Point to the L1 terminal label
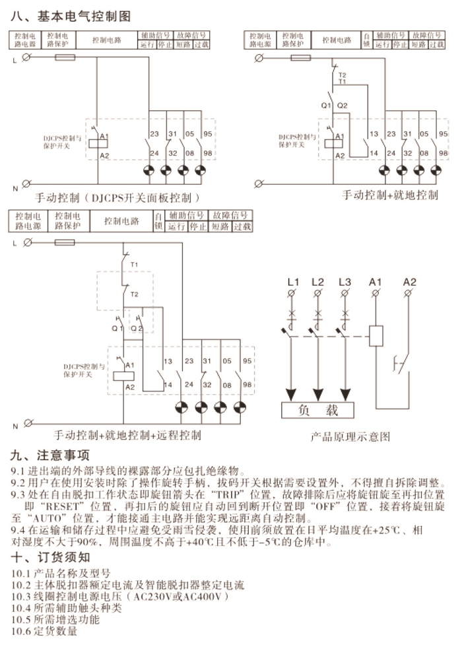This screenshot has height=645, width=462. pos(294,283)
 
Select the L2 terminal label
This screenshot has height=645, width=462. pos(318,283)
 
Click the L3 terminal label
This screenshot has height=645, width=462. pos(344,283)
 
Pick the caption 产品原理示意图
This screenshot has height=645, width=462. pos(350,436)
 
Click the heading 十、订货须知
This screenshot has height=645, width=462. pos(51,557)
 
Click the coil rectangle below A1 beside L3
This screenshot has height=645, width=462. pos(376,336)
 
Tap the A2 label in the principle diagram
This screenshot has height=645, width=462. pos(410,283)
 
